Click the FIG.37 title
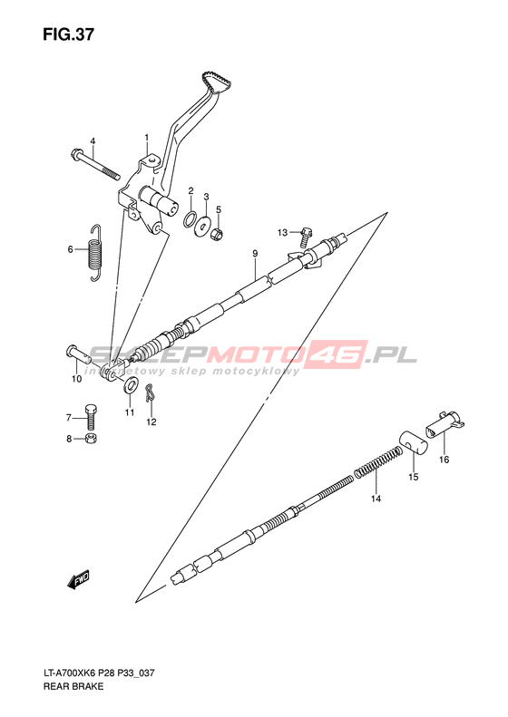pyautogui.click(x=69, y=34)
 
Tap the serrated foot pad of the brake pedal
pyautogui.click(x=216, y=81)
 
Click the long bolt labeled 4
pyautogui.click(x=95, y=164)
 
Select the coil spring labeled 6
pyautogui.click(x=95, y=252)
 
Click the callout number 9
pyautogui.click(x=255, y=253)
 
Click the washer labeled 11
pyautogui.click(x=131, y=385)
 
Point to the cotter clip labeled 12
pyautogui.click(x=150, y=392)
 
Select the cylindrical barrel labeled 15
pyautogui.click(x=415, y=443)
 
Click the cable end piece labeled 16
pyautogui.click(x=444, y=425)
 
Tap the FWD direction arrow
pyautogui.click(x=78, y=579)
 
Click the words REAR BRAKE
pyautogui.click(x=73, y=686)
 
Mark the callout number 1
pyautogui.click(x=147, y=138)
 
